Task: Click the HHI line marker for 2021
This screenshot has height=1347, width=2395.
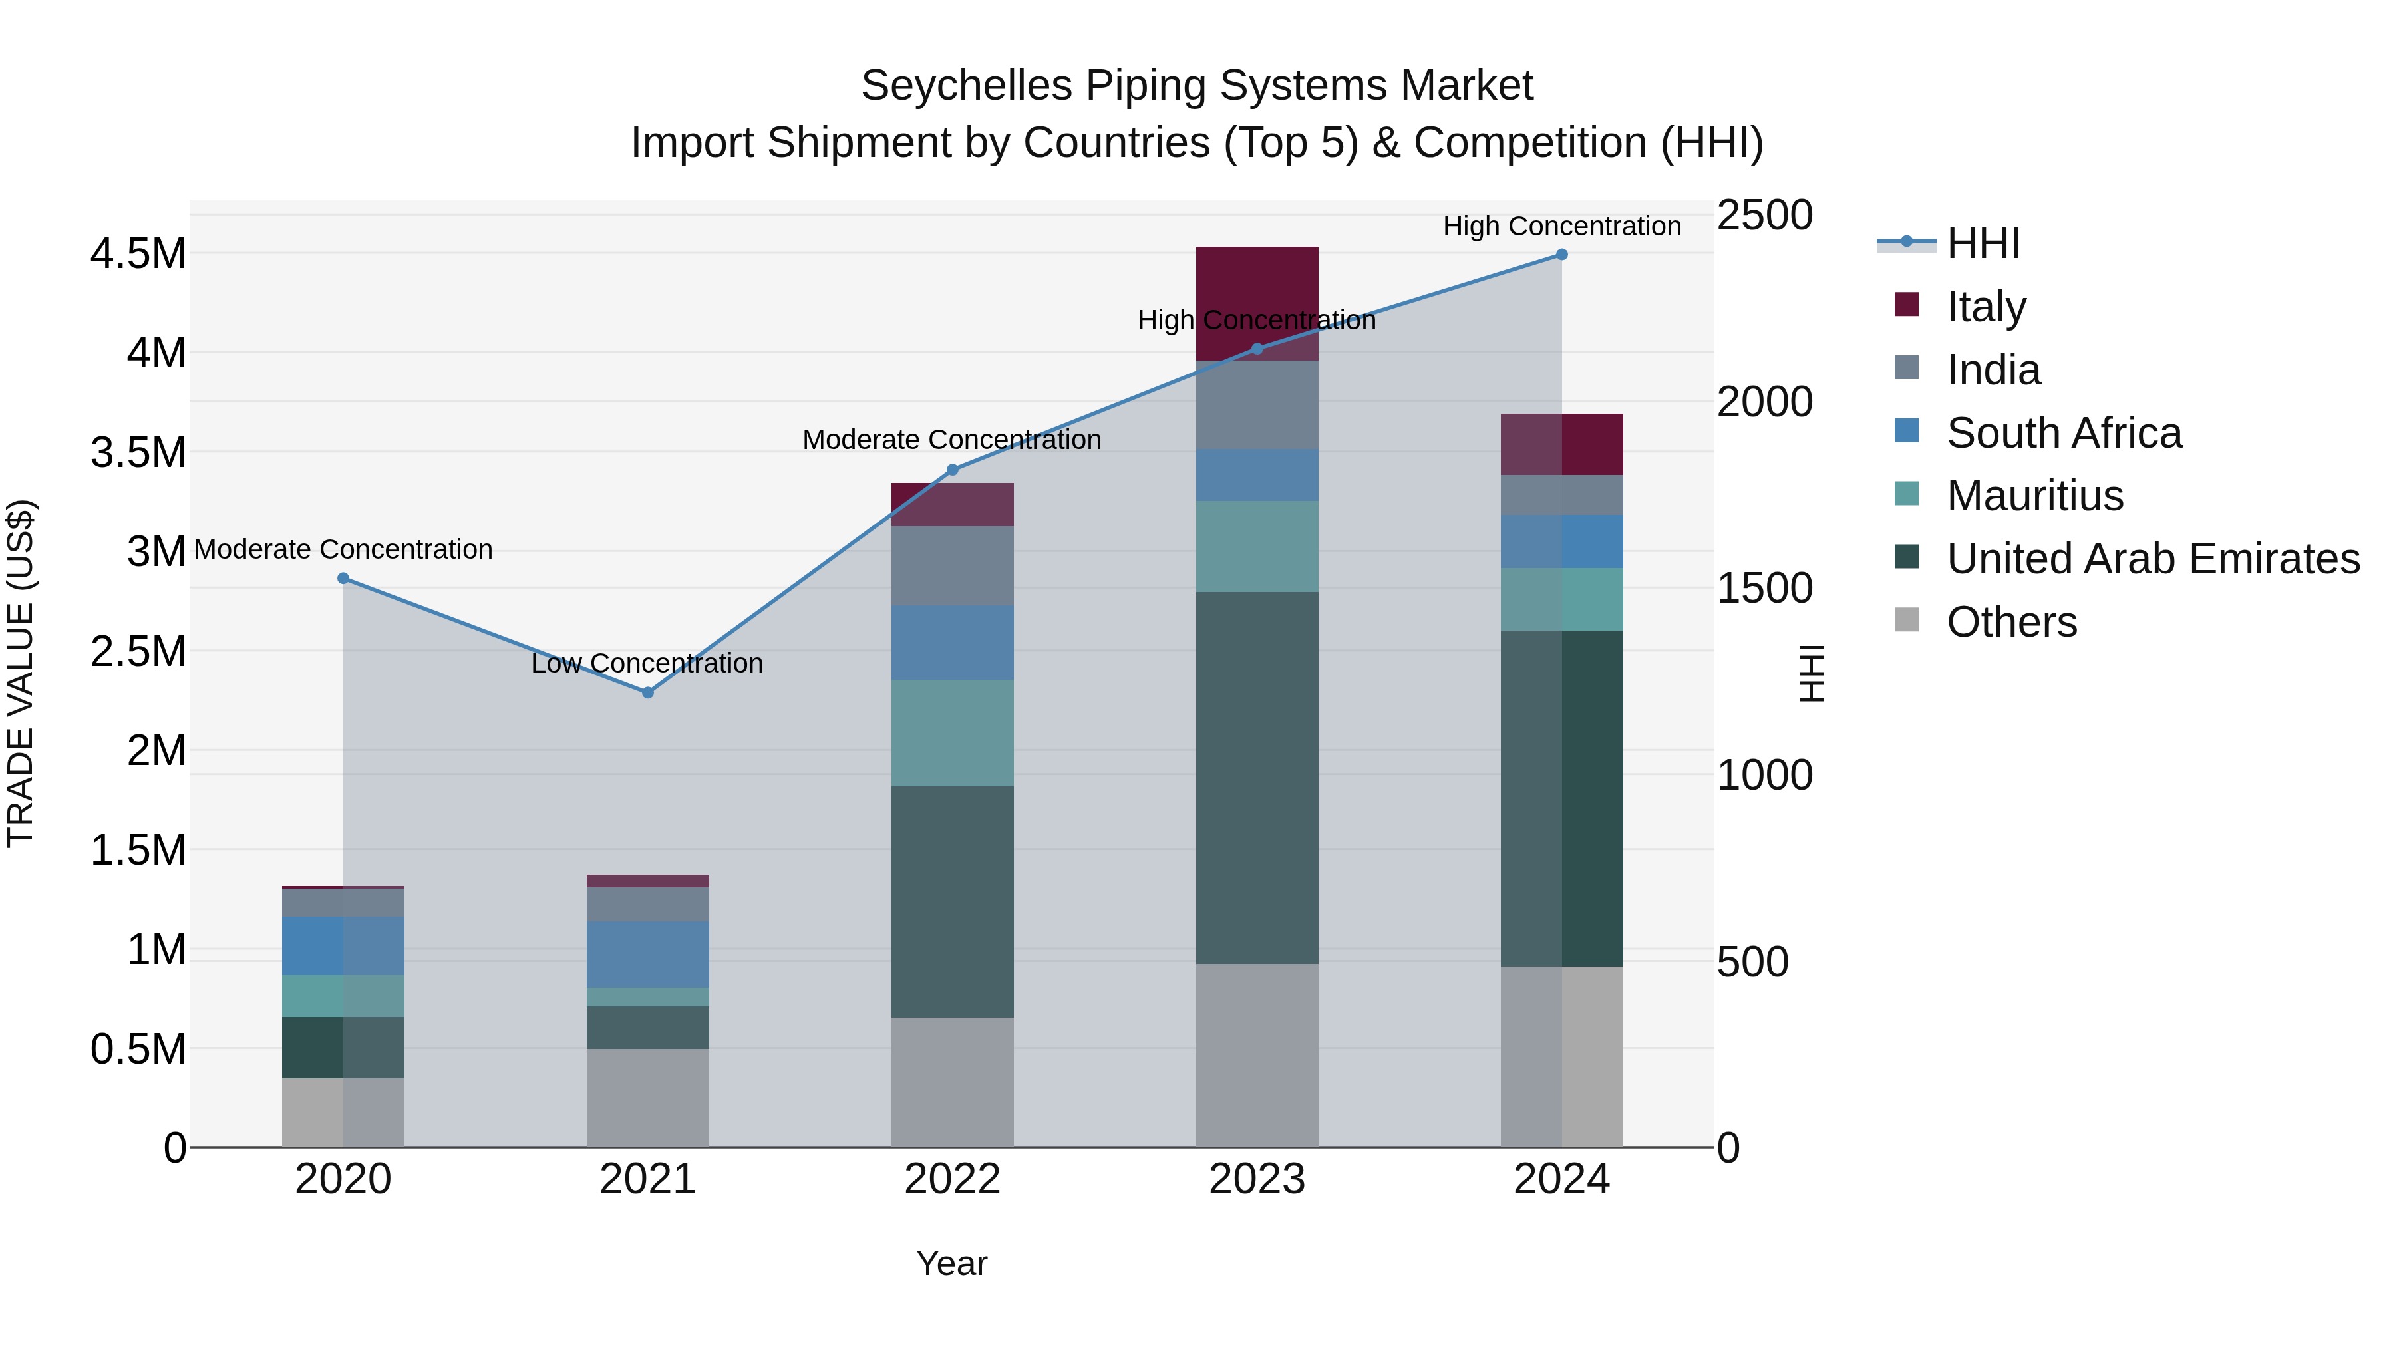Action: [648, 692]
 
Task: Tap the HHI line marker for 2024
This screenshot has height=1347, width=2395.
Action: [1562, 255]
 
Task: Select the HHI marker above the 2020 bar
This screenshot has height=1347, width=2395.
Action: [343, 578]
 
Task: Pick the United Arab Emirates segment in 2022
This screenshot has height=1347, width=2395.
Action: [952, 902]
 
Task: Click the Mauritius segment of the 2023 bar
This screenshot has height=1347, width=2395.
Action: [1257, 547]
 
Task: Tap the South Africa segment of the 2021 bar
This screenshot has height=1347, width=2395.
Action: [648, 955]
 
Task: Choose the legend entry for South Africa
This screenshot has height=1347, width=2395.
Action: [2064, 433]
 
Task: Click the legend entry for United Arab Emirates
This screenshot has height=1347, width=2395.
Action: [2152, 559]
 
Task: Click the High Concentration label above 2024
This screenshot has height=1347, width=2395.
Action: [1562, 226]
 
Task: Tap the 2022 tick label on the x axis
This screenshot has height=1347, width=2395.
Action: [952, 1179]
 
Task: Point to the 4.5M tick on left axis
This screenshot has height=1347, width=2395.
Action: [138, 254]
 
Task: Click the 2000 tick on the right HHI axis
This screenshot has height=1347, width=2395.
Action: [1764, 402]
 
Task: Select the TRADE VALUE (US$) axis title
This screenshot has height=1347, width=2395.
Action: [21, 673]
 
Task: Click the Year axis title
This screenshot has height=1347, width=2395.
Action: [952, 1263]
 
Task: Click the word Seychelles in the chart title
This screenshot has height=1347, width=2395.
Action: [966, 86]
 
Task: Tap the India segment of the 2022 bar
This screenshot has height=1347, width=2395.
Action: [952, 566]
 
